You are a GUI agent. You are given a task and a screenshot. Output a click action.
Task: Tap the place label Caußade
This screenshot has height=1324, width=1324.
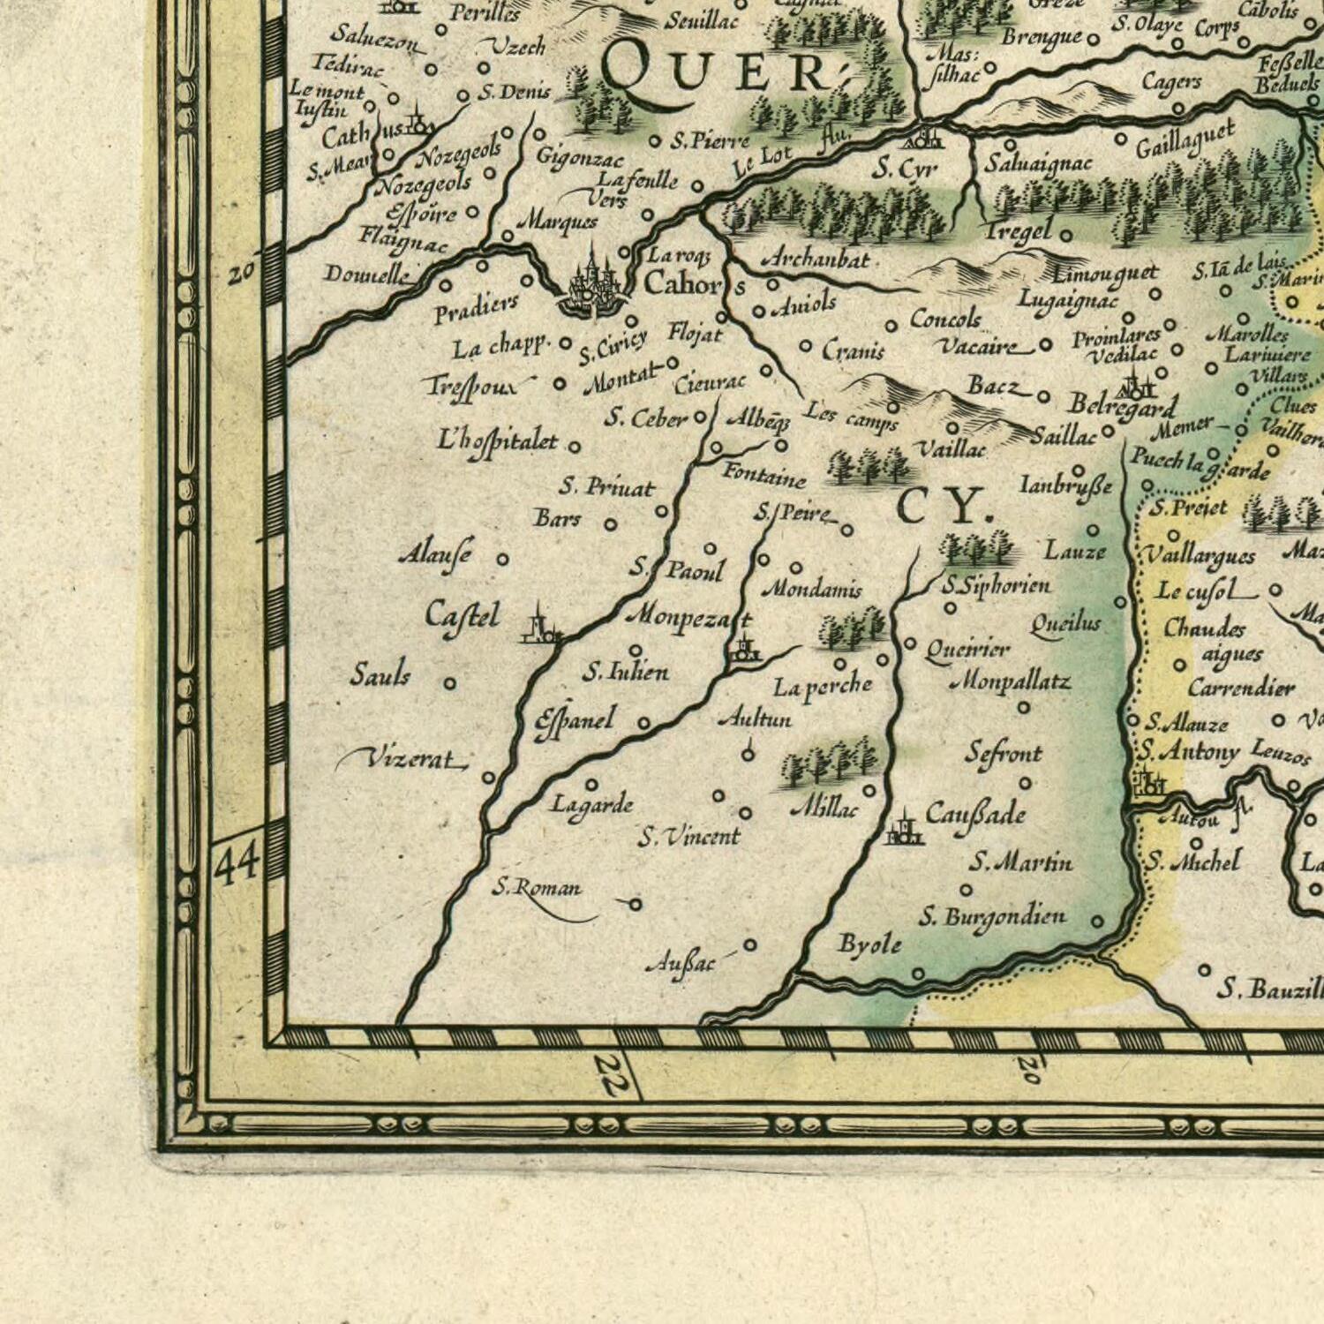(975, 814)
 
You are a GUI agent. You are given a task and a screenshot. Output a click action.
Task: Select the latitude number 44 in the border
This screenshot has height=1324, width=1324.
(237, 861)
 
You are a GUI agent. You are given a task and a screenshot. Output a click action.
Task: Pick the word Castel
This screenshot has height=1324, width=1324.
(462, 615)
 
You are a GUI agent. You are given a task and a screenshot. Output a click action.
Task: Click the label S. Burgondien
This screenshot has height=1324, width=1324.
(992, 917)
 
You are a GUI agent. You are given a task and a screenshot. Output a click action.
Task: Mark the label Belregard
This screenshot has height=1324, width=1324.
(1122, 406)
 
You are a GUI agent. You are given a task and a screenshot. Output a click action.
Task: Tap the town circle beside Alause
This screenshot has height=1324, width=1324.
(502, 559)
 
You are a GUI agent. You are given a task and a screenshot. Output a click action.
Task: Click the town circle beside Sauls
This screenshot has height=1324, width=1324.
(449, 683)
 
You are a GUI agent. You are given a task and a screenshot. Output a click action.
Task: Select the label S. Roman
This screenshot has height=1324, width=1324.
(537, 887)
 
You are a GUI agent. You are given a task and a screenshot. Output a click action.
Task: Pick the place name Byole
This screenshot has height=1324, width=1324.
(869, 944)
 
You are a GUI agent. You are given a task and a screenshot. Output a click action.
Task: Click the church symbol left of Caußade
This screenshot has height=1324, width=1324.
(904, 828)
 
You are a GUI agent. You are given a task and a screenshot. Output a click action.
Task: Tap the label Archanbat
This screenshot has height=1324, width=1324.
(815, 260)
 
